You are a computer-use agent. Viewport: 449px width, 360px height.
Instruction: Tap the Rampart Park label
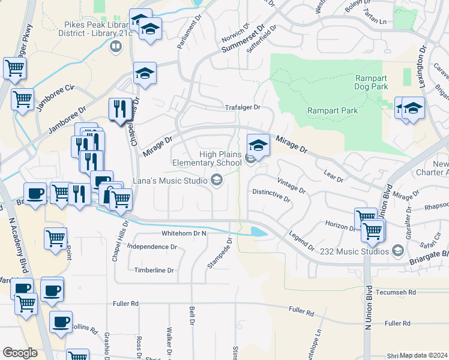tap(333, 110)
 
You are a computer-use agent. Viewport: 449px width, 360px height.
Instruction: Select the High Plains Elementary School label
tap(203, 158)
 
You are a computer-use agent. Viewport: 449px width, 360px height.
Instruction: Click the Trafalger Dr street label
tap(243, 107)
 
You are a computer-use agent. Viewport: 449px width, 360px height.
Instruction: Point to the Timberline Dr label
tap(154, 271)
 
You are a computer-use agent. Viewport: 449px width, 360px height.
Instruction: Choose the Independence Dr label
tap(152, 247)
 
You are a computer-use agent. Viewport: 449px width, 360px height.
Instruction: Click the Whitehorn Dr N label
tap(184, 233)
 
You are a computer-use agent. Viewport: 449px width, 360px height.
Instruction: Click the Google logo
tap(20, 353)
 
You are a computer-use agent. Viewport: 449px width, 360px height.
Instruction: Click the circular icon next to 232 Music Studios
tap(397, 250)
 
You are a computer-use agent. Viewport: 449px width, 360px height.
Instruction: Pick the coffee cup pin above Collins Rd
tap(60, 321)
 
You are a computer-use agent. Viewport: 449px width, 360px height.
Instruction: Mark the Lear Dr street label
tap(333, 175)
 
